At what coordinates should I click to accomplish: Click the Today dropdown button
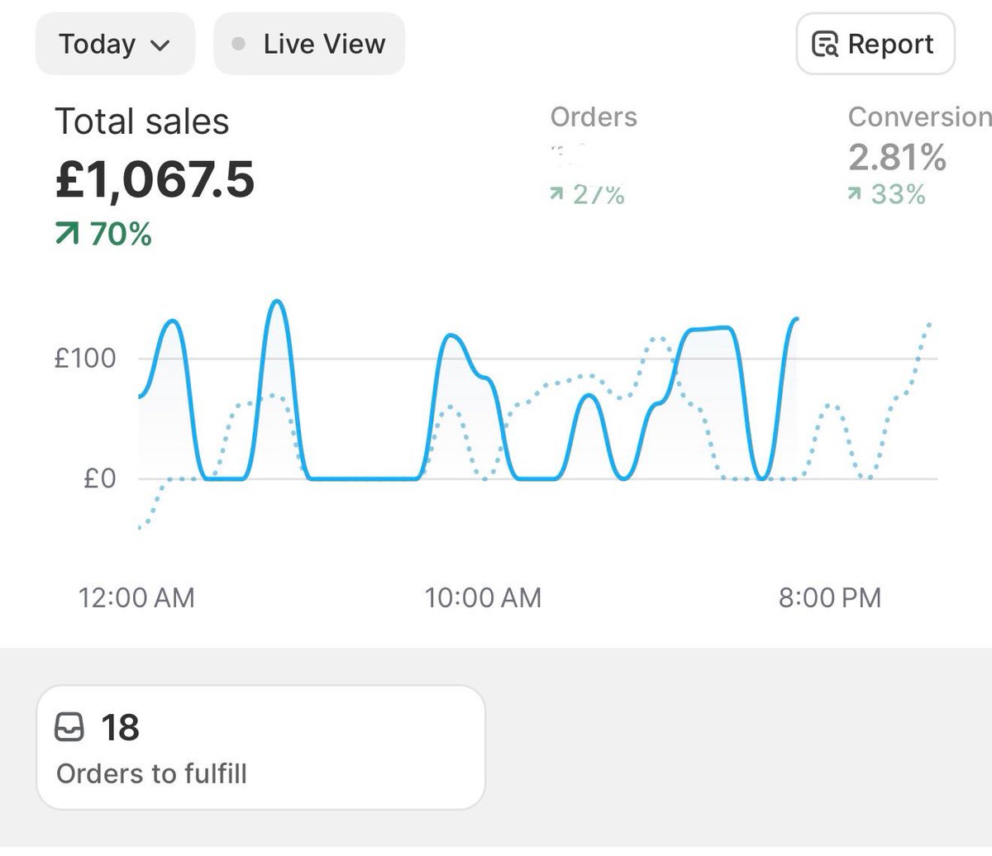click(115, 44)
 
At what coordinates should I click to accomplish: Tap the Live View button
click(309, 44)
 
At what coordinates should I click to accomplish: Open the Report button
click(875, 44)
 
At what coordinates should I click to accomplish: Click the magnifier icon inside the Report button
click(825, 45)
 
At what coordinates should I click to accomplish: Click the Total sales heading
click(142, 122)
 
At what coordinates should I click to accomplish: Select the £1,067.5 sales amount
click(155, 180)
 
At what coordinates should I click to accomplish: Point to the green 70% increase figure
click(104, 235)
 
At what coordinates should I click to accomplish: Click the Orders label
click(594, 117)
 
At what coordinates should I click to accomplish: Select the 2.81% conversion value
click(897, 157)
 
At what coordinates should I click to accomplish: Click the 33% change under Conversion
click(887, 195)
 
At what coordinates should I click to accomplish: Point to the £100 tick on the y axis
click(85, 359)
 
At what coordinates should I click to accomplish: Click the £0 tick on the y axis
click(99, 479)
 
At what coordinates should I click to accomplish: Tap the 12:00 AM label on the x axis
click(136, 597)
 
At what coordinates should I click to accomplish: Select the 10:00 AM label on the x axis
click(483, 597)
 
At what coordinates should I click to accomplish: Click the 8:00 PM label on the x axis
click(830, 597)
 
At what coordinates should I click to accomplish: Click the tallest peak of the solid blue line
click(277, 302)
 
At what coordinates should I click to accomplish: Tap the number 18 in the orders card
click(121, 728)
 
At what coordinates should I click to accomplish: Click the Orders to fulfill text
click(151, 774)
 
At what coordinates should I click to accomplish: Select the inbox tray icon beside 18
click(69, 728)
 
